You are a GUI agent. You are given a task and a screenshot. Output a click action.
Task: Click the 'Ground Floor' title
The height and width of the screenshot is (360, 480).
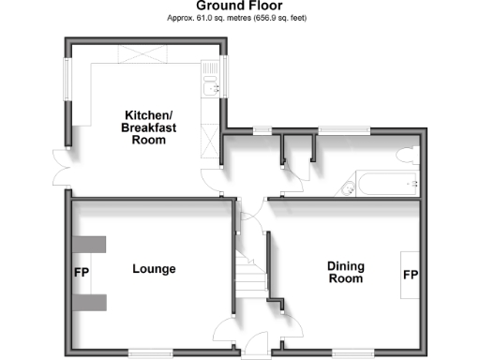coord(239,6)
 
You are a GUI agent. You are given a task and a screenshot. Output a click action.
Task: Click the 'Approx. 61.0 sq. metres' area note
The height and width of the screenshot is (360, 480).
coord(239,18)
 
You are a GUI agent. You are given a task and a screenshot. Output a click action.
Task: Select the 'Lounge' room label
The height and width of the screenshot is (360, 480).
coord(155,269)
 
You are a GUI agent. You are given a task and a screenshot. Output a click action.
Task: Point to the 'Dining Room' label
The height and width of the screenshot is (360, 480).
coord(345,272)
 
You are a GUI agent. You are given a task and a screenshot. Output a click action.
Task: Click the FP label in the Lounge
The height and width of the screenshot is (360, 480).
coord(80,276)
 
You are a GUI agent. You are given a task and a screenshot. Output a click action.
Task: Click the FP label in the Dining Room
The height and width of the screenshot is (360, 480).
coord(410,276)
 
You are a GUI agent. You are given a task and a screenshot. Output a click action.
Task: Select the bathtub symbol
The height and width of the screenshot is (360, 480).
coord(380,185)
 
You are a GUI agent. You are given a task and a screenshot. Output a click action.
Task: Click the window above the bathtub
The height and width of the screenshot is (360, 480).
coord(343,128)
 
